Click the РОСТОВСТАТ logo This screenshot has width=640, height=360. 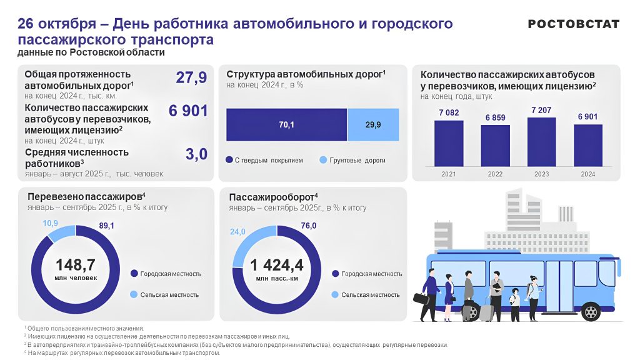pos(573,24)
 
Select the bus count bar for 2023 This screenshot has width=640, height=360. pos(541,142)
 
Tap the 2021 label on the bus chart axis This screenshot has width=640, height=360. pos(448,174)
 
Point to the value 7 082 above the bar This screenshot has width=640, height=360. pos(449,112)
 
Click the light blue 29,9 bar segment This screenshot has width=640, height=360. pos(372,125)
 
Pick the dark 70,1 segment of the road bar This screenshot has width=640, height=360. pos(286,125)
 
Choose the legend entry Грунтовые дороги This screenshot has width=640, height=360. pos(352,161)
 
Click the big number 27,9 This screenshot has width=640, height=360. pos(191,78)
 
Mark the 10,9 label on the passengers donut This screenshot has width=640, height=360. pos(51,224)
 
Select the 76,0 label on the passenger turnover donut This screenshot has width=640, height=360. pos(309,226)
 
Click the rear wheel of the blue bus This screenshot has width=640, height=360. pos(590,312)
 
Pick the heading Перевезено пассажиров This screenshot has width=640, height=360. pos(86,196)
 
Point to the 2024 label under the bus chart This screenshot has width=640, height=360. pos(587,174)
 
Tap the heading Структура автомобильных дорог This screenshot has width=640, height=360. pos(306,74)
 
